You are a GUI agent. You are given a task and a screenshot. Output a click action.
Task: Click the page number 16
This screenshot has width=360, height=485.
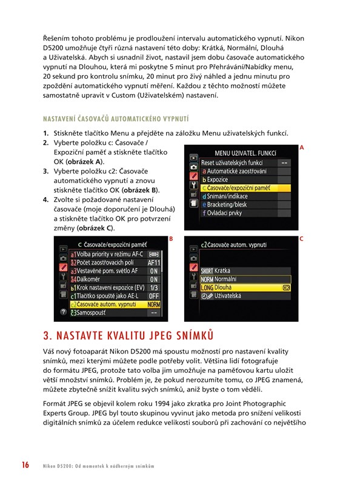tap(25, 465)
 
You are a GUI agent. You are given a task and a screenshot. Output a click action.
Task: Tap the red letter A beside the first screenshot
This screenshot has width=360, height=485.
tap(302, 148)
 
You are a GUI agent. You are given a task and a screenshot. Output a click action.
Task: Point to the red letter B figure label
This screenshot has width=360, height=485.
tap(171, 239)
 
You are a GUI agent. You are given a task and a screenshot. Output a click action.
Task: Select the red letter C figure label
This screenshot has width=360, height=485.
tap(301, 239)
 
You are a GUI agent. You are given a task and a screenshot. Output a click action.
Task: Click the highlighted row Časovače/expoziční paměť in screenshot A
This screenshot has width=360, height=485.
tap(245, 188)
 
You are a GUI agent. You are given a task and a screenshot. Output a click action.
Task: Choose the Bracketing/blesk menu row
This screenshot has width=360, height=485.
tap(245, 205)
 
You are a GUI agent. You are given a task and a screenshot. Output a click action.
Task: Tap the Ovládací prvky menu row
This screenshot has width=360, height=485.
tap(245, 213)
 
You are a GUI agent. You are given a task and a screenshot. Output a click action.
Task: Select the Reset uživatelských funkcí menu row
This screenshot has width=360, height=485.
tap(245, 162)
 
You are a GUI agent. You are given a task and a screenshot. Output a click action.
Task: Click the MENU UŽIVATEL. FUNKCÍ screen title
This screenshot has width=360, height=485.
tap(245, 153)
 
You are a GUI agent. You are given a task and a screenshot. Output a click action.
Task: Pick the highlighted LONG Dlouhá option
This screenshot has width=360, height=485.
tap(245, 287)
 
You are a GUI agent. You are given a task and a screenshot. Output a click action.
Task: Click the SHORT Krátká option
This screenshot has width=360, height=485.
tap(215, 271)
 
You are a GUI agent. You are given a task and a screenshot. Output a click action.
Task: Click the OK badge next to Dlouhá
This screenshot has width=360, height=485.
tap(286, 288)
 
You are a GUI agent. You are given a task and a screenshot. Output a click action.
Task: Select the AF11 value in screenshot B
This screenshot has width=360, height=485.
tap(154, 263)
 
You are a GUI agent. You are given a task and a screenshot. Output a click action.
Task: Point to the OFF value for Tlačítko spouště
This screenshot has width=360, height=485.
tap(154, 296)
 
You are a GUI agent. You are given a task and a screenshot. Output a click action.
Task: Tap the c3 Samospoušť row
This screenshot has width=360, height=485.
tap(115, 313)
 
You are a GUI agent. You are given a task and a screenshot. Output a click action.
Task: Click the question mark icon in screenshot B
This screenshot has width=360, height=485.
tap(63, 312)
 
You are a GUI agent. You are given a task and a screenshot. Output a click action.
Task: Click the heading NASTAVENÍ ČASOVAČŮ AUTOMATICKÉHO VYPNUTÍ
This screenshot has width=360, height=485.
tap(116, 119)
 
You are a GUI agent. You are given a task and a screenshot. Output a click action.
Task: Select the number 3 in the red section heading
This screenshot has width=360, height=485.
tap(47, 336)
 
